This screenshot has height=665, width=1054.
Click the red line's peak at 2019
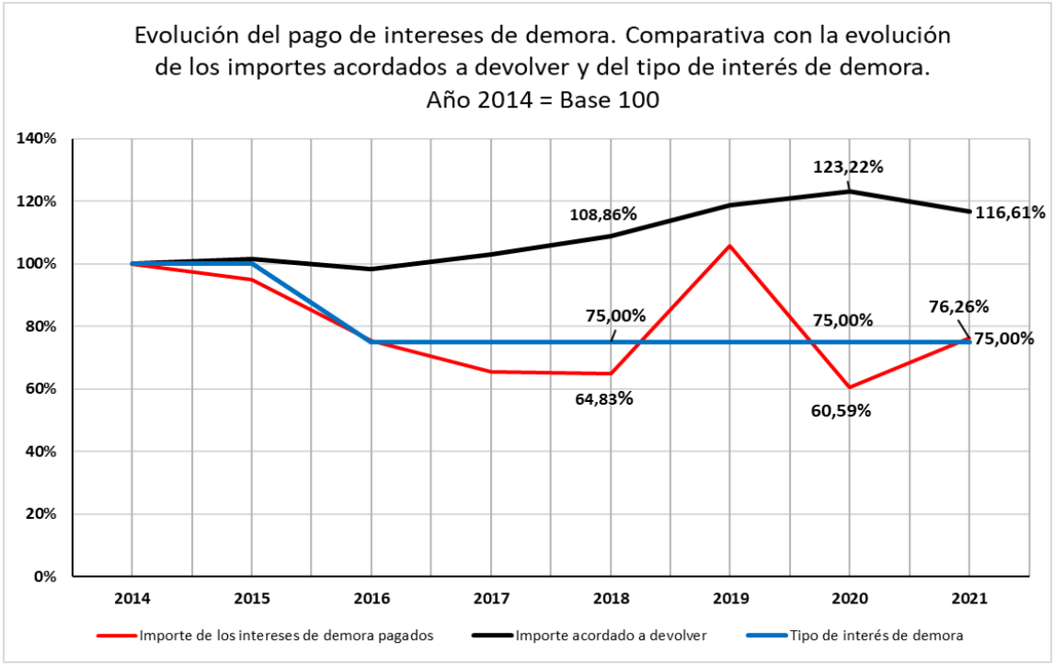pyautogui.click(x=729, y=246)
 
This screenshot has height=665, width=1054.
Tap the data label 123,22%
pyautogui.click(x=848, y=167)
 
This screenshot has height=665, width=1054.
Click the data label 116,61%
pyautogui.click(x=1009, y=212)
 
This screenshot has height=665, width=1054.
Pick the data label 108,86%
pyautogui.click(x=602, y=214)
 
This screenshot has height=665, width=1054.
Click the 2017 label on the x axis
pyautogui.click(x=490, y=599)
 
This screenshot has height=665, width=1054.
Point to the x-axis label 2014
pyautogui.click(x=132, y=599)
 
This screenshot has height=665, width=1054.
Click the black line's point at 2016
pyautogui.click(x=371, y=269)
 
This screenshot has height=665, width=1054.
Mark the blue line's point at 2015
pyautogui.click(x=251, y=264)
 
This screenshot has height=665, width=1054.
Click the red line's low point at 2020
pyautogui.click(x=849, y=387)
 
